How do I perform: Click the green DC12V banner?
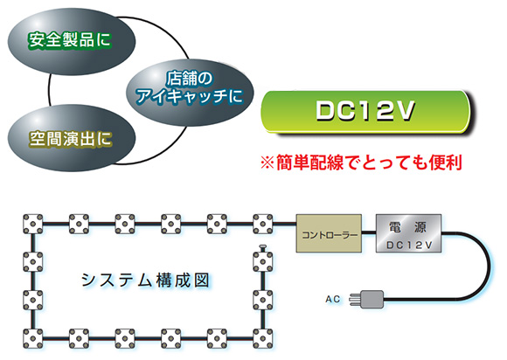(x=365, y=112)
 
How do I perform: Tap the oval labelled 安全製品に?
(x=71, y=41)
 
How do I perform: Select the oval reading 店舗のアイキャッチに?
(x=190, y=93)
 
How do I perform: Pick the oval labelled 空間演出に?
(x=71, y=138)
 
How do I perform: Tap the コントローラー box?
(x=329, y=233)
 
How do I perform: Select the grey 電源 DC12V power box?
(x=408, y=233)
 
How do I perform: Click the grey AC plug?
(x=367, y=299)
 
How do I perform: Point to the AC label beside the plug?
(x=333, y=299)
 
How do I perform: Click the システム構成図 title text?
(x=145, y=280)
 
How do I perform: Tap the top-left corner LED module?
(x=33, y=224)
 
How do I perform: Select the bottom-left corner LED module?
(x=33, y=339)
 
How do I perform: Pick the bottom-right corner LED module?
(x=262, y=339)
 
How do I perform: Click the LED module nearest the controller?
(x=262, y=224)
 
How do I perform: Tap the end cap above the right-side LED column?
(x=262, y=248)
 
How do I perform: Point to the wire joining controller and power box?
(x=369, y=232)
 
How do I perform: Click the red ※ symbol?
(x=267, y=163)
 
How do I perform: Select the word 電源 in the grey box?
(x=408, y=227)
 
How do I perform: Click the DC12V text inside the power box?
(x=409, y=245)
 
